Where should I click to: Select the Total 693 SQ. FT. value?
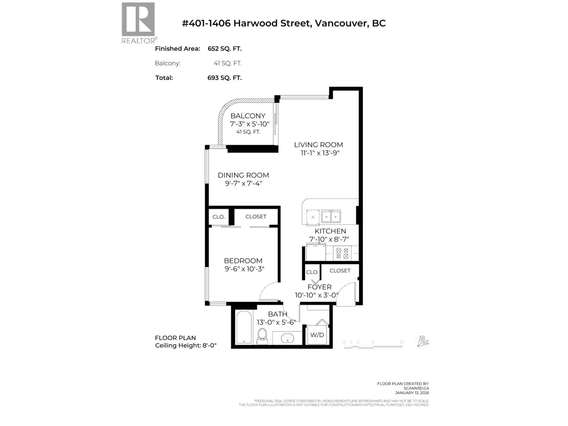click(x=224, y=78)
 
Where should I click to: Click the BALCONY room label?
click(x=248, y=116)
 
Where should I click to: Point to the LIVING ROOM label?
click(x=318, y=145)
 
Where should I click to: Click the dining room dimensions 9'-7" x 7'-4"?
click(x=243, y=183)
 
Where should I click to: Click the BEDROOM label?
click(x=243, y=261)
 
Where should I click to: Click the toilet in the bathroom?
click(x=262, y=336)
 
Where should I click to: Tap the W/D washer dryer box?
click(x=317, y=335)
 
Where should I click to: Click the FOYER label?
click(x=319, y=287)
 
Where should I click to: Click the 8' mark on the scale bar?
click(x=402, y=342)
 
